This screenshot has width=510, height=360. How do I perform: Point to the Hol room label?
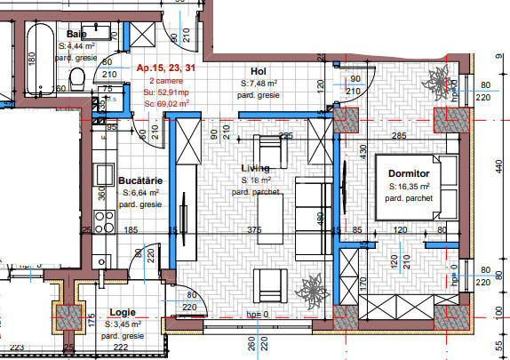(x=259, y=72)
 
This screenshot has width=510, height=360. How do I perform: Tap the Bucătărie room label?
(x=140, y=179)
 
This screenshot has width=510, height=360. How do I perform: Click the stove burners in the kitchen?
(x=105, y=220)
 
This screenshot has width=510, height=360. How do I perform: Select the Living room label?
(x=256, y=169)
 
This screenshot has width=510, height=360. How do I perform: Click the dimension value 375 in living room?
(x=255, y=230)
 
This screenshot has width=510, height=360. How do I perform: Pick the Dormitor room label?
(x=410, y=174)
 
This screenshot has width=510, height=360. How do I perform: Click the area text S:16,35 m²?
(x=410, y=187)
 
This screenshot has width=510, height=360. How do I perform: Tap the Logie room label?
(x=122, y=313)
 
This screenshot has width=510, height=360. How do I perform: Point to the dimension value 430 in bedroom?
(x=363, y=153)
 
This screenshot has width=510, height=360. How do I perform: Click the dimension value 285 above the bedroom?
(x=399, y=136)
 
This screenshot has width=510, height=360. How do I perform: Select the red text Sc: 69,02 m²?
(x=168, y=103)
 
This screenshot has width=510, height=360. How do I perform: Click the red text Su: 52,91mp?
(x=166, y=91)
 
